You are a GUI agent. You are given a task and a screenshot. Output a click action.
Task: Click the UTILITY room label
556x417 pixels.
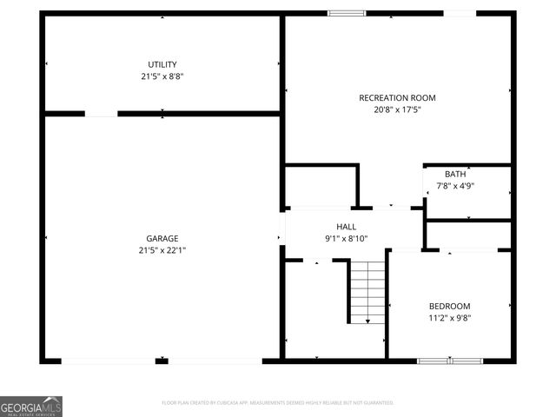pyautogui.click(x=162, y=64)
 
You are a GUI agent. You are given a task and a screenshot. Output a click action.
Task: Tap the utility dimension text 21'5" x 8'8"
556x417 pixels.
pyautogui.click(x=162, y=76)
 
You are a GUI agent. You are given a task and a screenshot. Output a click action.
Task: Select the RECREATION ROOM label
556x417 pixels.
pyautogui.click(x=397, y=98)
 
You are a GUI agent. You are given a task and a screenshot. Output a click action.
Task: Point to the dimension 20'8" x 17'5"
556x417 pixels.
pyautogui.click(x=397, y=110)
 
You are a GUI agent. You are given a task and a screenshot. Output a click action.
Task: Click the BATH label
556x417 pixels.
pyautogui.click(x=455, y=174)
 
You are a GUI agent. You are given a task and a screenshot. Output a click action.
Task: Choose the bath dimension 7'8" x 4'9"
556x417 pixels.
pyautogui.click(x=455, y=185)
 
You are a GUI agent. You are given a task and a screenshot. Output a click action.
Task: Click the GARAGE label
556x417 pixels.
pyautogui.click(x=162, y=238)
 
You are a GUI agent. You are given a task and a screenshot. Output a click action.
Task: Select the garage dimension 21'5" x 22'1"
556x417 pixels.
pyautogui.click(x=162, y=250)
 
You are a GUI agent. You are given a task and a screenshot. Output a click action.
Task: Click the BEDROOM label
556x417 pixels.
pyautogui.click(x=449, y=306)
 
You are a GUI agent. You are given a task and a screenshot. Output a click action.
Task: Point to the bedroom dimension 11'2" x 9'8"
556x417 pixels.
pyautogui.click(x=449, y=318)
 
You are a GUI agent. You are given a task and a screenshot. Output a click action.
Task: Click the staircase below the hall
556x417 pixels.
pyautogui.click(x=367, y=291)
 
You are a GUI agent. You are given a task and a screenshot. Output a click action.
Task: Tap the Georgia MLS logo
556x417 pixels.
pyautogui.click(x=31, y=406)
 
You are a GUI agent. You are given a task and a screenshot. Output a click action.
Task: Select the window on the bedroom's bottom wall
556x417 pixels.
pyautogui.click(x=450, y=360)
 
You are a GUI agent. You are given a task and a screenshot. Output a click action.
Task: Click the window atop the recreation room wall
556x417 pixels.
pyautogui.click(x=346, y=13)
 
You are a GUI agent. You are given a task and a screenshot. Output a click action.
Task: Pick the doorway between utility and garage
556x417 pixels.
pyautogui.click(x=101, y=113)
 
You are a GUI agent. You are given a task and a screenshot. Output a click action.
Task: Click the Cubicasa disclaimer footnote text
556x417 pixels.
pyautogui.click(x=278, y=403)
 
